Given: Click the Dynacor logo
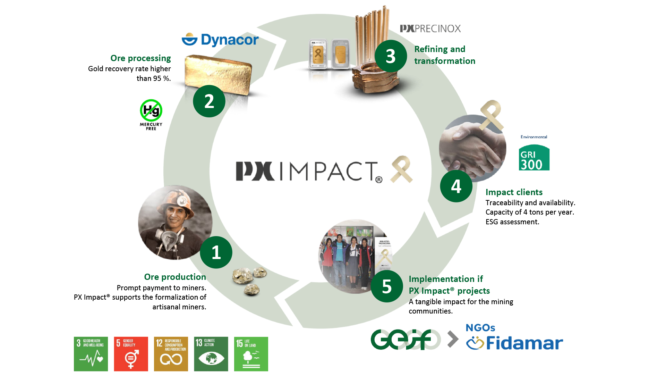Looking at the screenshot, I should (x=220, y=40).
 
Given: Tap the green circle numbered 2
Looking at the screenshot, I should (x=209, y=101).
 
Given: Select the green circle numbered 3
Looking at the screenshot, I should (x=391, y=56).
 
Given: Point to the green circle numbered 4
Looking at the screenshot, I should (x=456, y=186).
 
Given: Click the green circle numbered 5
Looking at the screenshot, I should (x=386, y=286).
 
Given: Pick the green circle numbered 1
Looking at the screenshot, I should (x=216, y=252).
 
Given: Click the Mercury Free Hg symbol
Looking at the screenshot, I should (x=151, y=111).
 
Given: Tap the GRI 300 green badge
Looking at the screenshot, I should (x=534, y=158).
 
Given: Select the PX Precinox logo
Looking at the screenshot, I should (x=430, y=28).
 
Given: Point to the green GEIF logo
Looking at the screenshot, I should (x=405, y=339).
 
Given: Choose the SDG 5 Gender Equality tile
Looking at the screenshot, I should (x=131, y=354).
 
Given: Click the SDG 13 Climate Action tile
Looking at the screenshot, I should (x=211, y=354).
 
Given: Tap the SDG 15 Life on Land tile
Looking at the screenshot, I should (x=251, y=354).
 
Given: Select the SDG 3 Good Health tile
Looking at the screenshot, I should (x=91, y=354).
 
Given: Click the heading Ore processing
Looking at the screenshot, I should (x=140, y=58).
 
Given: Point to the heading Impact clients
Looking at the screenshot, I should (x=514, y=192).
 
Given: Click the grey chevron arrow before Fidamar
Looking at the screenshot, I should (x=453, y=339).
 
